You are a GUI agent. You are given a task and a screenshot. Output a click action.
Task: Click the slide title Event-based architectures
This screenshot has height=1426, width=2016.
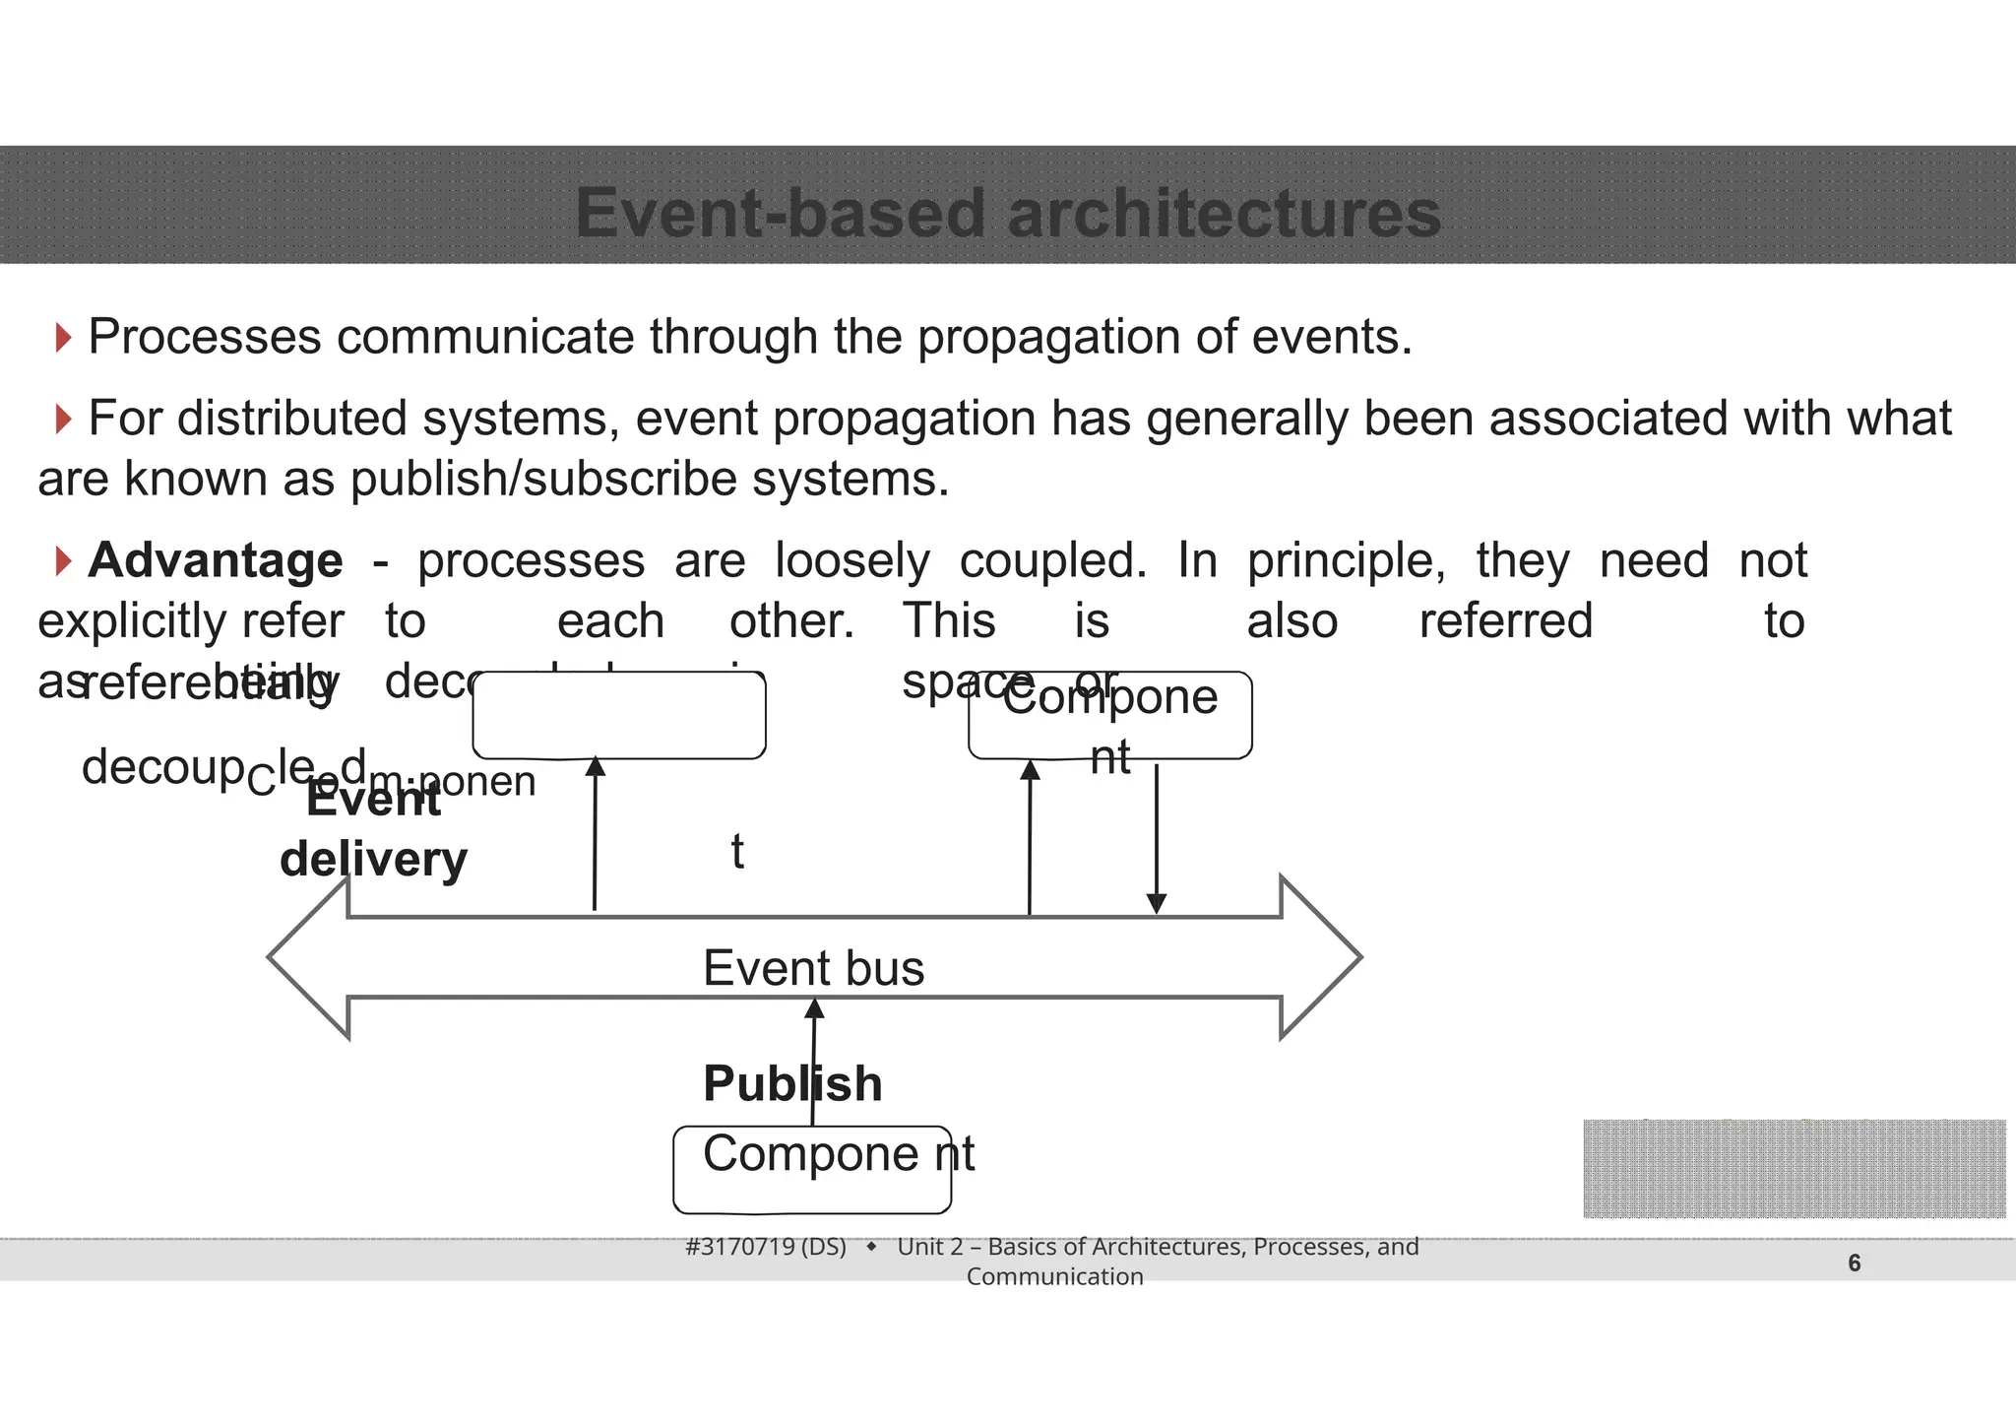pyautogui.click(x=1008, y=213)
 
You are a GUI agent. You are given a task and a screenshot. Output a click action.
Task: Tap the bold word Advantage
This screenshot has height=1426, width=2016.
pyautogui.click(x=216, y=560)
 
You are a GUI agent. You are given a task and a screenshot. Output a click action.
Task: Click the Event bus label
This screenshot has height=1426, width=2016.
pyautogui.click(x=813, y=968)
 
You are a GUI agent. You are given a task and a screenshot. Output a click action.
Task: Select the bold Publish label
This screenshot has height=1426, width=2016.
pyautogui.click(x=792, y=1084)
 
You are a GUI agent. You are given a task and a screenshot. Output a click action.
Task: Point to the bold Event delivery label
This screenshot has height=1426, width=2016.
pyautogui.click(x=373, y=830)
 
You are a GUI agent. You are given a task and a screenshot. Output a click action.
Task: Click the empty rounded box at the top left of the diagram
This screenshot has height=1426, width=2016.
pyautogui.click(x=619, y=716)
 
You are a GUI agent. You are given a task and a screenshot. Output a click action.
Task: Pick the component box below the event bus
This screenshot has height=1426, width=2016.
pyautogui.click(x=812, y=1170)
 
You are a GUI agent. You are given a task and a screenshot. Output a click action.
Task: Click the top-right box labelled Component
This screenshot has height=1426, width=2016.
pyautogui.click(x=1110, y=716)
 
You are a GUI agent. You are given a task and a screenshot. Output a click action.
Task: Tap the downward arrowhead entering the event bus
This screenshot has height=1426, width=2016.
pyautogui.click(x=1157, y=903)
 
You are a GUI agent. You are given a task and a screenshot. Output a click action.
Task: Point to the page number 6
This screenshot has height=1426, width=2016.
pyautogui.click(x=1854, y=1264)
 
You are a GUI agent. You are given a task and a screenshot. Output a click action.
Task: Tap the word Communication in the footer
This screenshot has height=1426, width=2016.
pyautogui.click(x=1054, y=1277)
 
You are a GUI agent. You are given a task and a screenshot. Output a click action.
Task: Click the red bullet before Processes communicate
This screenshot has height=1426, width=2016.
pyautogui.click(x=64, y=338)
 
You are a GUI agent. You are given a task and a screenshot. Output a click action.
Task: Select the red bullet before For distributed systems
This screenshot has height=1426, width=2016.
pyautogui.click(x=64, y=420)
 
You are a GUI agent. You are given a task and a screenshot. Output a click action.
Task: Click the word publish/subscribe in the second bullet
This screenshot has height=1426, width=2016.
pyautogui.click(x=543, y=480)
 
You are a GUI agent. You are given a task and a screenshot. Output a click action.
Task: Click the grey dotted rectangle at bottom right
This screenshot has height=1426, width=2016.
pyautogui.click(x=1794, y=1169)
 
